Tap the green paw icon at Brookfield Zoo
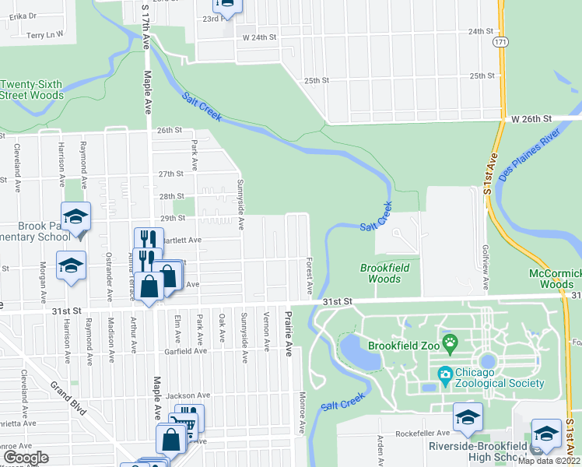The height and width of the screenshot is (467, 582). [449, 341]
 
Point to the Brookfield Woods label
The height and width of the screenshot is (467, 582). [384, 273]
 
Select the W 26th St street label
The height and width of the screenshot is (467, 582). [531, 118]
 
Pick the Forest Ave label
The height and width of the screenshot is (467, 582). [310, 275]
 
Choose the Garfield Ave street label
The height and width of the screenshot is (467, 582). [184, 351]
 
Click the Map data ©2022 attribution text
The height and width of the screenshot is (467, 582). [549, 461]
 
